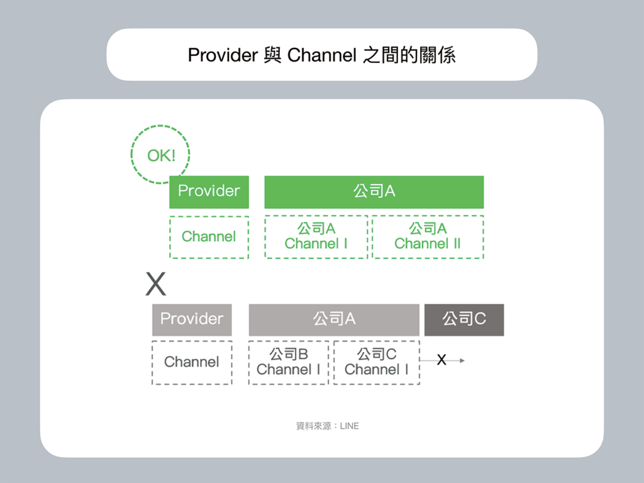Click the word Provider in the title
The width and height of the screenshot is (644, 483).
click(x=223, y=55)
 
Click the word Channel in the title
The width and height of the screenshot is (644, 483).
click(x=321, y=55)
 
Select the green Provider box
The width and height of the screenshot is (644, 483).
click(x=209, y=192)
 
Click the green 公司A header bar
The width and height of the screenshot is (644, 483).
click(x=374, y=192)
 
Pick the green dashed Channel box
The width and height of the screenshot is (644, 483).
click(x=209, y=237)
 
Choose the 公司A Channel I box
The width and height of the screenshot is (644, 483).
click(x=316, y=237)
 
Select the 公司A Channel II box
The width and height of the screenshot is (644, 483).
click(x=428, y=237)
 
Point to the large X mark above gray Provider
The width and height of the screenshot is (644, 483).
click(x=156, y=284)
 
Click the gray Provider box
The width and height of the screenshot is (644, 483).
click(x=192, y=319)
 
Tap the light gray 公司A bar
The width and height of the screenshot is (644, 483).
click(x=334, y=319)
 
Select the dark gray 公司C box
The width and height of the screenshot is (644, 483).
click(x=464, y=319)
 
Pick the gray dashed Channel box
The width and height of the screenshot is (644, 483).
click(x=192, y=362)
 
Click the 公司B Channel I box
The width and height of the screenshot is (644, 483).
click(x=289, y=362)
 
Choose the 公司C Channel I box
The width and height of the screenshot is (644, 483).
click(x=377, y=362)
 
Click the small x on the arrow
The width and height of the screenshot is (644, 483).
click(x=441, y=360)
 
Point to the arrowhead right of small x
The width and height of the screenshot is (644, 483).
click(x=462, y=360)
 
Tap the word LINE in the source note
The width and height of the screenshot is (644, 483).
click(x=350, y=426)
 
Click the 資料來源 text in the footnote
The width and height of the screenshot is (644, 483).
click(x=313, y=426)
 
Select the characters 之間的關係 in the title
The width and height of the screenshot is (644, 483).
click(x=409, y=55)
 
